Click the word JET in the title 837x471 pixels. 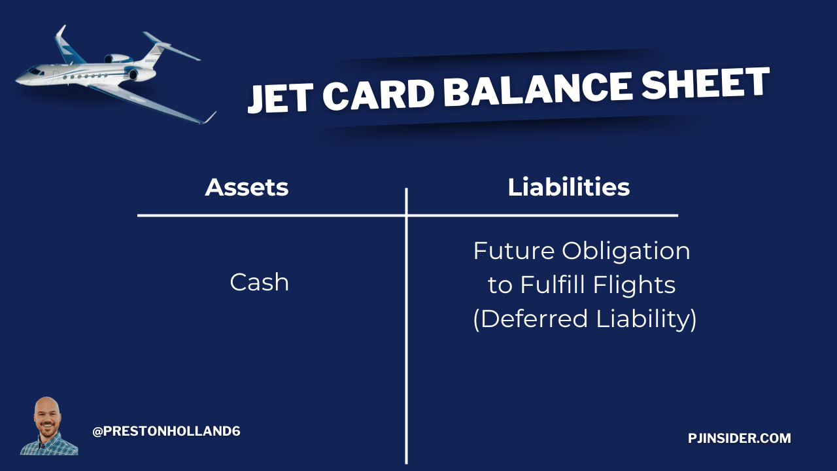coord(281,98)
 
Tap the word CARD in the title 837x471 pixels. coord(378,94)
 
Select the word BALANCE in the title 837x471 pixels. coord(538,88)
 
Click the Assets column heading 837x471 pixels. coord(247,187)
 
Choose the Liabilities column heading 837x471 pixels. coord(569,187)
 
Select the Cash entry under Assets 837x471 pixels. coord(260,282)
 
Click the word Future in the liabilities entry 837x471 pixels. coord(514,251)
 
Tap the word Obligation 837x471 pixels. coord(626,251)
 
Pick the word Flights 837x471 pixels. coord(634,285)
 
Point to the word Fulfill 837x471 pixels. coord(553,285)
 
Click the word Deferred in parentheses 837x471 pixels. coord(530,319)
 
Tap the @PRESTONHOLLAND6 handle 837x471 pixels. coord(166,431)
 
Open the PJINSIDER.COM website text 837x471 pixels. coord(740,438)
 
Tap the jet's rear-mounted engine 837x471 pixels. coord(119,59)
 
